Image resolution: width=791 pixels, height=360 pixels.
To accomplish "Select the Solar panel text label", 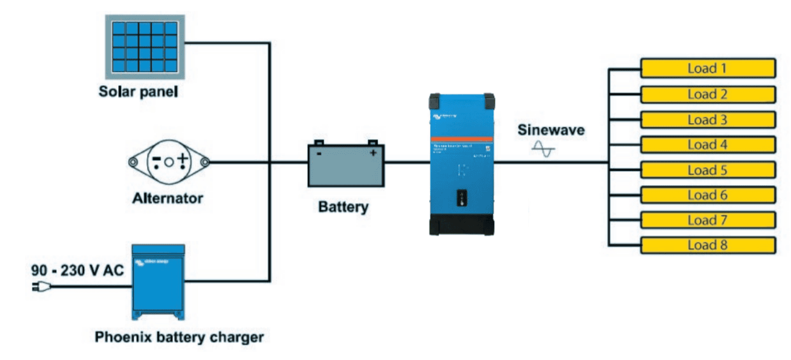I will click(x=137, y=91).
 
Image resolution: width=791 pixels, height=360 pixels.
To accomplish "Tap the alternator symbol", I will click(x=169, y=161).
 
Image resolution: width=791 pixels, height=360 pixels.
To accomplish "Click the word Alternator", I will click(x=167, y=199).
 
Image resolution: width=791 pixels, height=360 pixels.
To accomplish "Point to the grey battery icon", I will click(x=346, y=164).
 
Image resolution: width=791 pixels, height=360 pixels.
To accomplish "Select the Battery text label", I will click(x=343, y=207).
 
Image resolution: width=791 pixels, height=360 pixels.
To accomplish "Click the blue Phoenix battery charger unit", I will click(x=158, y=282).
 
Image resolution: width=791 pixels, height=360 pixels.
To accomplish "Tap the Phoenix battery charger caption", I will click(x=179, y=336).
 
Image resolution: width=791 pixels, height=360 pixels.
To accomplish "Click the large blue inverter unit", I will click(x=462, y=163).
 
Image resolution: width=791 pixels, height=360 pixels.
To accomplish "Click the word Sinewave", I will click(x=551, y=130).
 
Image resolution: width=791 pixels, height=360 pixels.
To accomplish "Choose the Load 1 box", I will click(x=707, y=68).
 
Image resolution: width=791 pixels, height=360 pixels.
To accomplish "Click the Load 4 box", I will click(x=707, y=144).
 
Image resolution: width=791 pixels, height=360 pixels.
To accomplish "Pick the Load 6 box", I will click(x=707, y=195).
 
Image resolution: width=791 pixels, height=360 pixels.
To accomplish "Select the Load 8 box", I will click(x=707, y=245).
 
